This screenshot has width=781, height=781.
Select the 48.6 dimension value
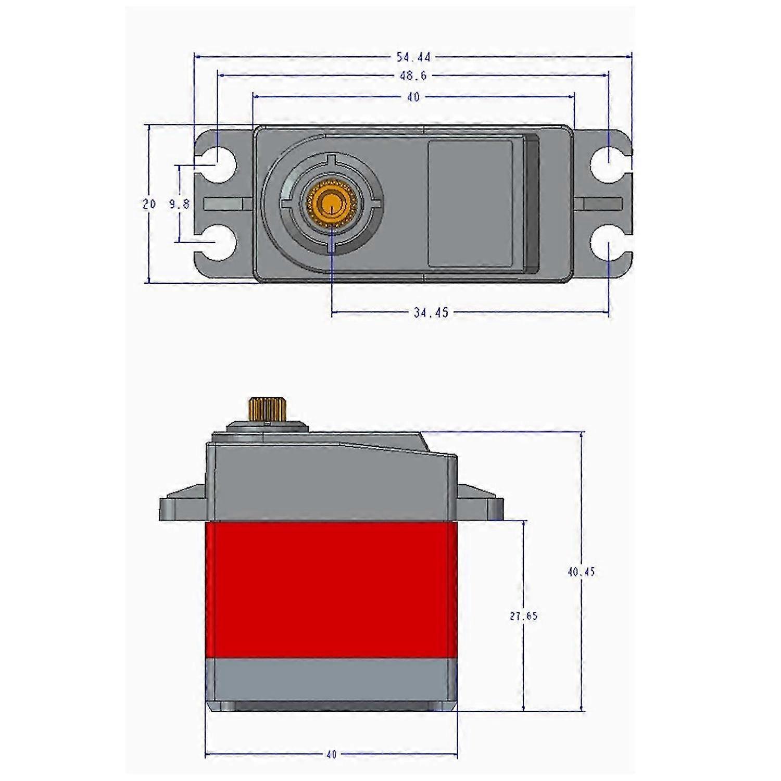coord(413,76)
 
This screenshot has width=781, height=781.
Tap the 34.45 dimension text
coord(431,313)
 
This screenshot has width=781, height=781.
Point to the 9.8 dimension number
coord(179,204)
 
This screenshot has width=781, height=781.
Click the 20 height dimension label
coord(149,204)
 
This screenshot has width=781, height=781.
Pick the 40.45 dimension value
coord(581,572)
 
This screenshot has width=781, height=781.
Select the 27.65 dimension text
coord(523,616)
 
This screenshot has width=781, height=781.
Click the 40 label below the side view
coord(331,754)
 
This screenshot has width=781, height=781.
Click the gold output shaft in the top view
coord(331,203)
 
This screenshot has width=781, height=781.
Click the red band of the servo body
coord(331,589)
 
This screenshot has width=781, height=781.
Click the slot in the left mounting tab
coord(224,203)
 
